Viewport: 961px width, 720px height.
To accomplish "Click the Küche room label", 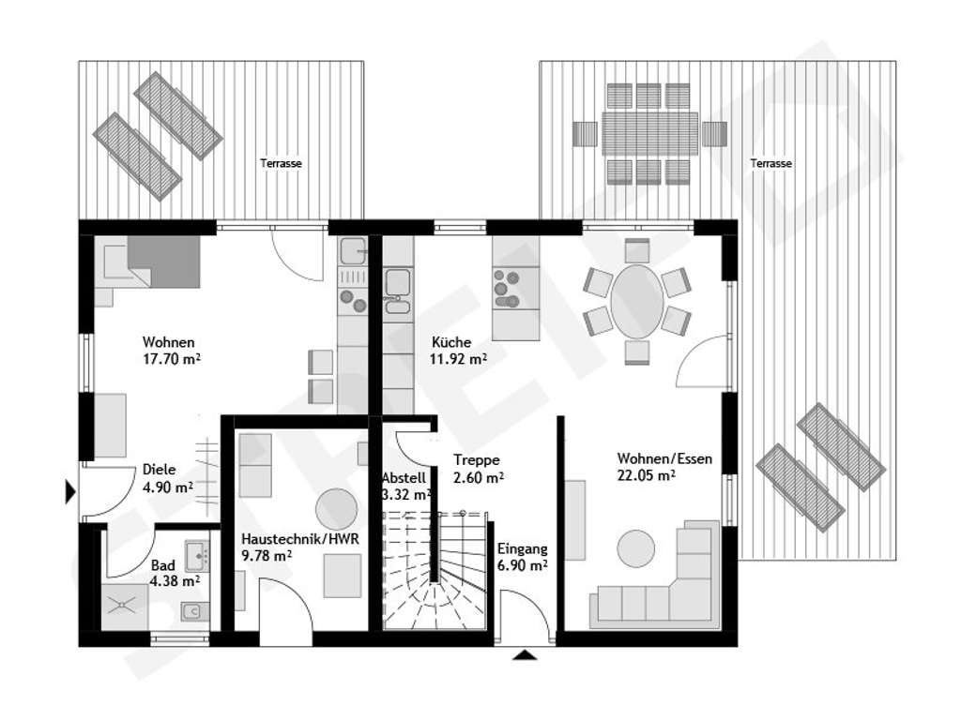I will click(451, 343).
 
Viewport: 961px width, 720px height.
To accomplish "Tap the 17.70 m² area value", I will click(174, 358).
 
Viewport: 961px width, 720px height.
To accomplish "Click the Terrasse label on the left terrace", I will click(281, 163).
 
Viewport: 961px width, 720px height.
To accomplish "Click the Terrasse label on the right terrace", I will click(770, 163).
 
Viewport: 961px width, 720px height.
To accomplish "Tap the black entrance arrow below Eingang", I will click(525, 654).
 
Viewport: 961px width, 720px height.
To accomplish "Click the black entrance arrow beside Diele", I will click(69, 490).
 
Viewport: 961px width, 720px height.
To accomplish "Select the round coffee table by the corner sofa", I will click(637, 548).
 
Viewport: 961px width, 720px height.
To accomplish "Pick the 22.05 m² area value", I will click(647, 475).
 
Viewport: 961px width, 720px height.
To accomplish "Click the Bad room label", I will click(161, 566).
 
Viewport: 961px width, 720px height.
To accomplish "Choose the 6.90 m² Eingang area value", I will click(523, 565).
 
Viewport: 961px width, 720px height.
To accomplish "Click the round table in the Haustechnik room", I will click(337, 510).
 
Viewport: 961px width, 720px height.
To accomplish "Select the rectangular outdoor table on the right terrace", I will click(650, 134).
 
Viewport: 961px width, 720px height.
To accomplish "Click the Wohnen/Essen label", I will click(664, 459).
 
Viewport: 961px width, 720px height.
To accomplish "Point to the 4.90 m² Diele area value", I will click(167, 487).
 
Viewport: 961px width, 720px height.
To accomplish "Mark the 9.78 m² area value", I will click(266, 556).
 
